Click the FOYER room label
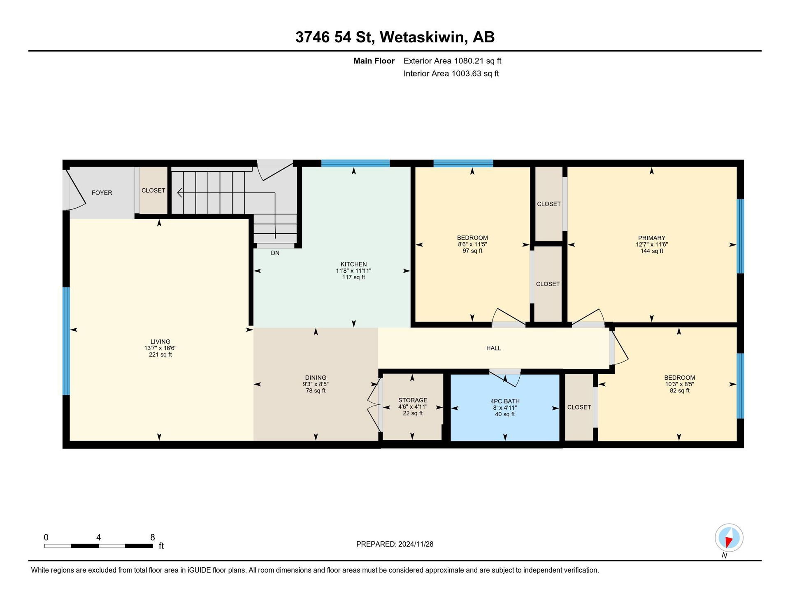(102, 193)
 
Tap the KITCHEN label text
(353, 264)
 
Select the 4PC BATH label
(505, 401)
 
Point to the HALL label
(494, 348)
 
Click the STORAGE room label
(413, 400)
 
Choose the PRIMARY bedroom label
(652, 238)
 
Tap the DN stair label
(275, 253)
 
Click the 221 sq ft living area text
(160, 355)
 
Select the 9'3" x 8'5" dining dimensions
(316, 384)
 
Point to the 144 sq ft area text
(652, 251)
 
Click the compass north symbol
(729, 538)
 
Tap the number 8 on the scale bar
(153, 537)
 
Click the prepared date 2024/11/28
(416, 544)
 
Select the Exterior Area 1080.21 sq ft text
(452, 61)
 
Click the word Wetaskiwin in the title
(423, 37)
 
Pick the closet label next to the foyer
(153, 190)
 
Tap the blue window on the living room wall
(66, 341)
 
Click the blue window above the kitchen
(355, 163)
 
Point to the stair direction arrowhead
(180, 193)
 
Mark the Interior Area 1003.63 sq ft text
(451, 74)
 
